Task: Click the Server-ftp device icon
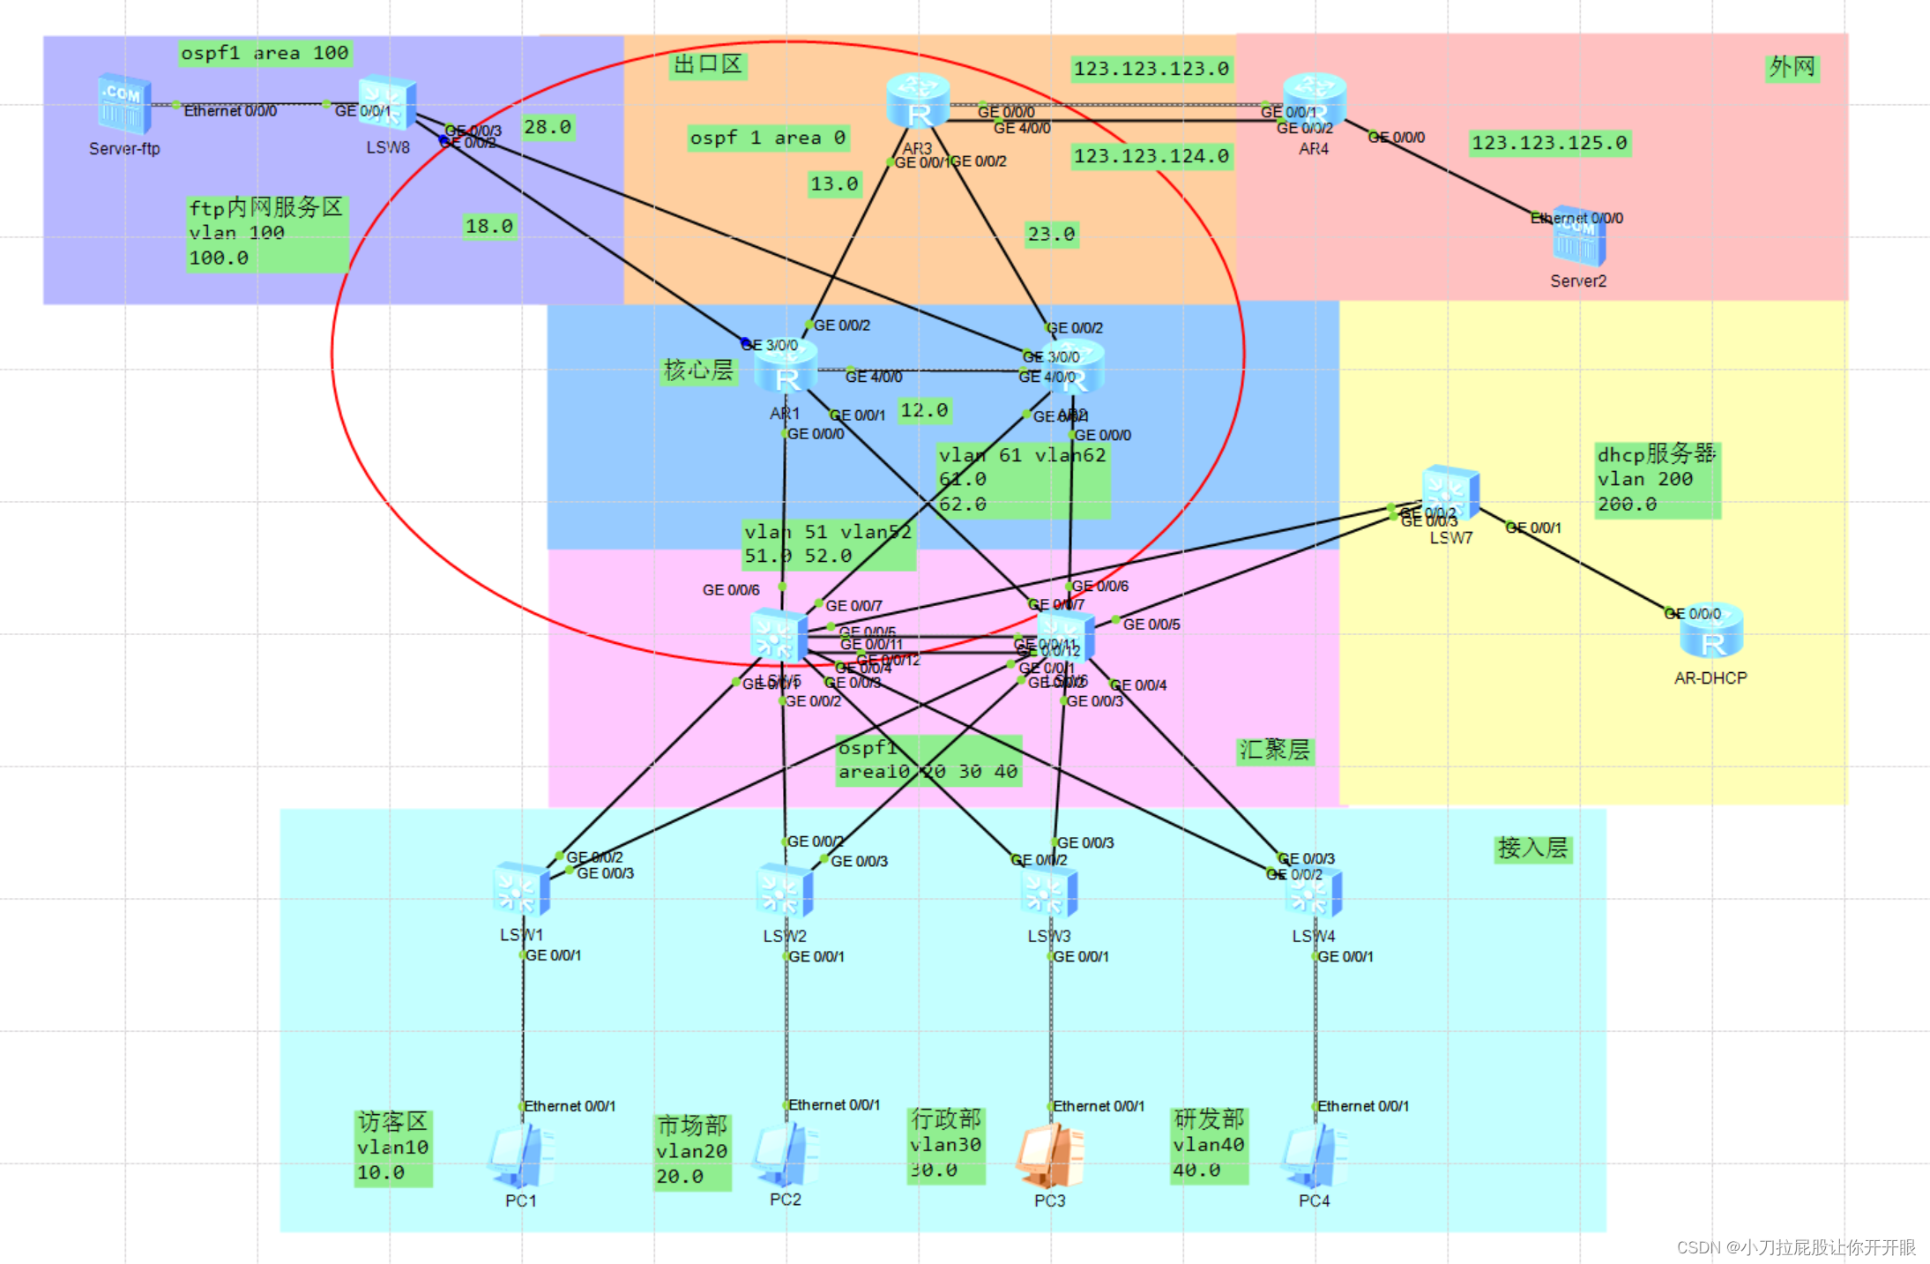click(124, 104)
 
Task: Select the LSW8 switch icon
click(387, 103)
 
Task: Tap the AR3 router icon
click(918, 101)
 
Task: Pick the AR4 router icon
click(1314, 100)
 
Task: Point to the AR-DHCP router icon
click(1710, 632)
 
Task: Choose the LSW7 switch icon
click(1450, 493)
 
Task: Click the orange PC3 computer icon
click(1049, 1156)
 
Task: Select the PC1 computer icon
click(521, 1156)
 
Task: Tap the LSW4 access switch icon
click(1314, 894)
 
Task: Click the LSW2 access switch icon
click(785, 892)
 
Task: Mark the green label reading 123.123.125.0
click(1549, 143)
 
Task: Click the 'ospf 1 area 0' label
click(767, 138)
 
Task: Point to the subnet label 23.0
click(1051, 234)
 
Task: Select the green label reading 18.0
click(489, 226)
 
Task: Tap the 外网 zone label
click(1792, 67)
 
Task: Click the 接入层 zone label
click(1532, 849)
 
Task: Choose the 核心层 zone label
click(698, 370)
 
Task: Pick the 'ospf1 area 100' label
click(265, 53)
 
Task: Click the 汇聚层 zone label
click(1274, 751)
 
